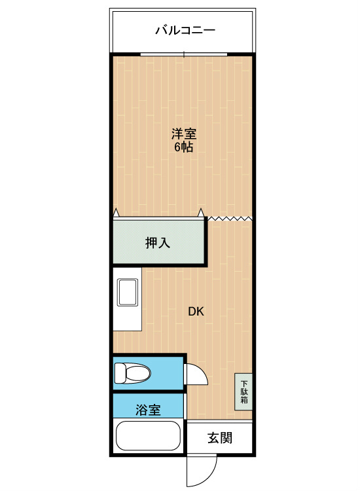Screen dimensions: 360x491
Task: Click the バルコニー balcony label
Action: (x=185, y=30)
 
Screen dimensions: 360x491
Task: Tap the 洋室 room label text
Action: (x=184, y=134)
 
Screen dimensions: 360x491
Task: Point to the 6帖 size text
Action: (x=183, y=147)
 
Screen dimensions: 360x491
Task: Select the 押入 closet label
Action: (x=158, y=243)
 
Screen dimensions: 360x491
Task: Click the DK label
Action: (x=196, y=311)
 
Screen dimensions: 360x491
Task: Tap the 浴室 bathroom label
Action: (x=148, y=410)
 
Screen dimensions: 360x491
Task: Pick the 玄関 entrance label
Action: (x=220, y=438)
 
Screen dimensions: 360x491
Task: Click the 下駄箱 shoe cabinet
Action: (x=244, y=391)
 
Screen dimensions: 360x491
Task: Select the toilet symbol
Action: (x=132, y=373)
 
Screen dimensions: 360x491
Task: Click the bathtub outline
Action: (x=148, y=435)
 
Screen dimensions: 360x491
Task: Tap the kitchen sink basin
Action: (x=128, y=292)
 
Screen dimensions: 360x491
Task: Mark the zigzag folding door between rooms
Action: (x=230, y=218)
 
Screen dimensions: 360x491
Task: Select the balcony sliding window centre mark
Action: (x=184, y=54)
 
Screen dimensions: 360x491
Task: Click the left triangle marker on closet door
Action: (x=116, y=213)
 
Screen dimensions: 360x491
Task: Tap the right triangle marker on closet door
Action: (x=201, y=213)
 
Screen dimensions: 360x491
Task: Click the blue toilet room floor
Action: (x=166, y=373)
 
